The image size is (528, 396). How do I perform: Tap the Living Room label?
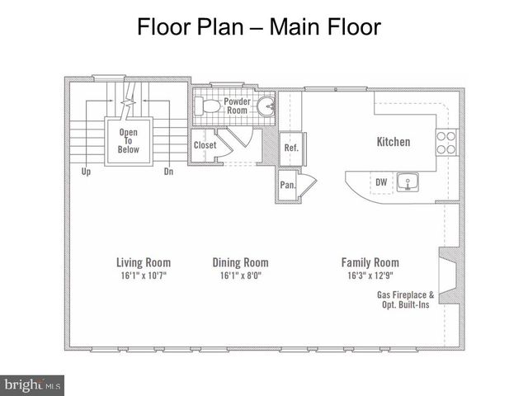coord(143,263)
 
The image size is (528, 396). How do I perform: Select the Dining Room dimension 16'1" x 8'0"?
coord(240,276)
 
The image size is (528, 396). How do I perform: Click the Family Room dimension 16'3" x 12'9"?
coord(370,276)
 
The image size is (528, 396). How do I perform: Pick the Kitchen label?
coord(393,142)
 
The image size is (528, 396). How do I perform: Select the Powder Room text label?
coord(237,106)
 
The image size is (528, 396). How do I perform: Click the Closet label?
coord(205,145)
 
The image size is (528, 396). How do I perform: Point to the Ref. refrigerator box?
coord(291,148)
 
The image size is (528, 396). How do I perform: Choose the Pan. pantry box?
coord(288,186)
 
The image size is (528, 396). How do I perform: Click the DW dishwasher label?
coord(380,182)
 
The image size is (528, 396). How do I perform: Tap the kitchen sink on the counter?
coord(408,181)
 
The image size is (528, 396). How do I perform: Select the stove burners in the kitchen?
coord(446,142)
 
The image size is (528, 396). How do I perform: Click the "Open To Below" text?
coord(129,141)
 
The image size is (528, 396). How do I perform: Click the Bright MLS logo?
coord(33,384)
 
